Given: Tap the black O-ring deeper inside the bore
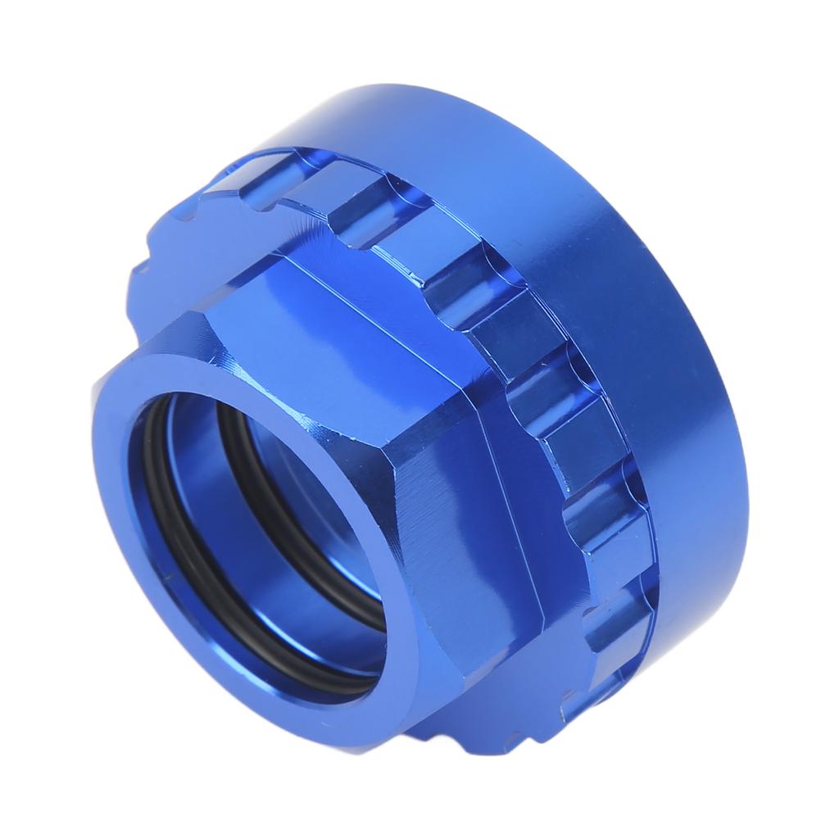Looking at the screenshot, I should pos(238,459).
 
